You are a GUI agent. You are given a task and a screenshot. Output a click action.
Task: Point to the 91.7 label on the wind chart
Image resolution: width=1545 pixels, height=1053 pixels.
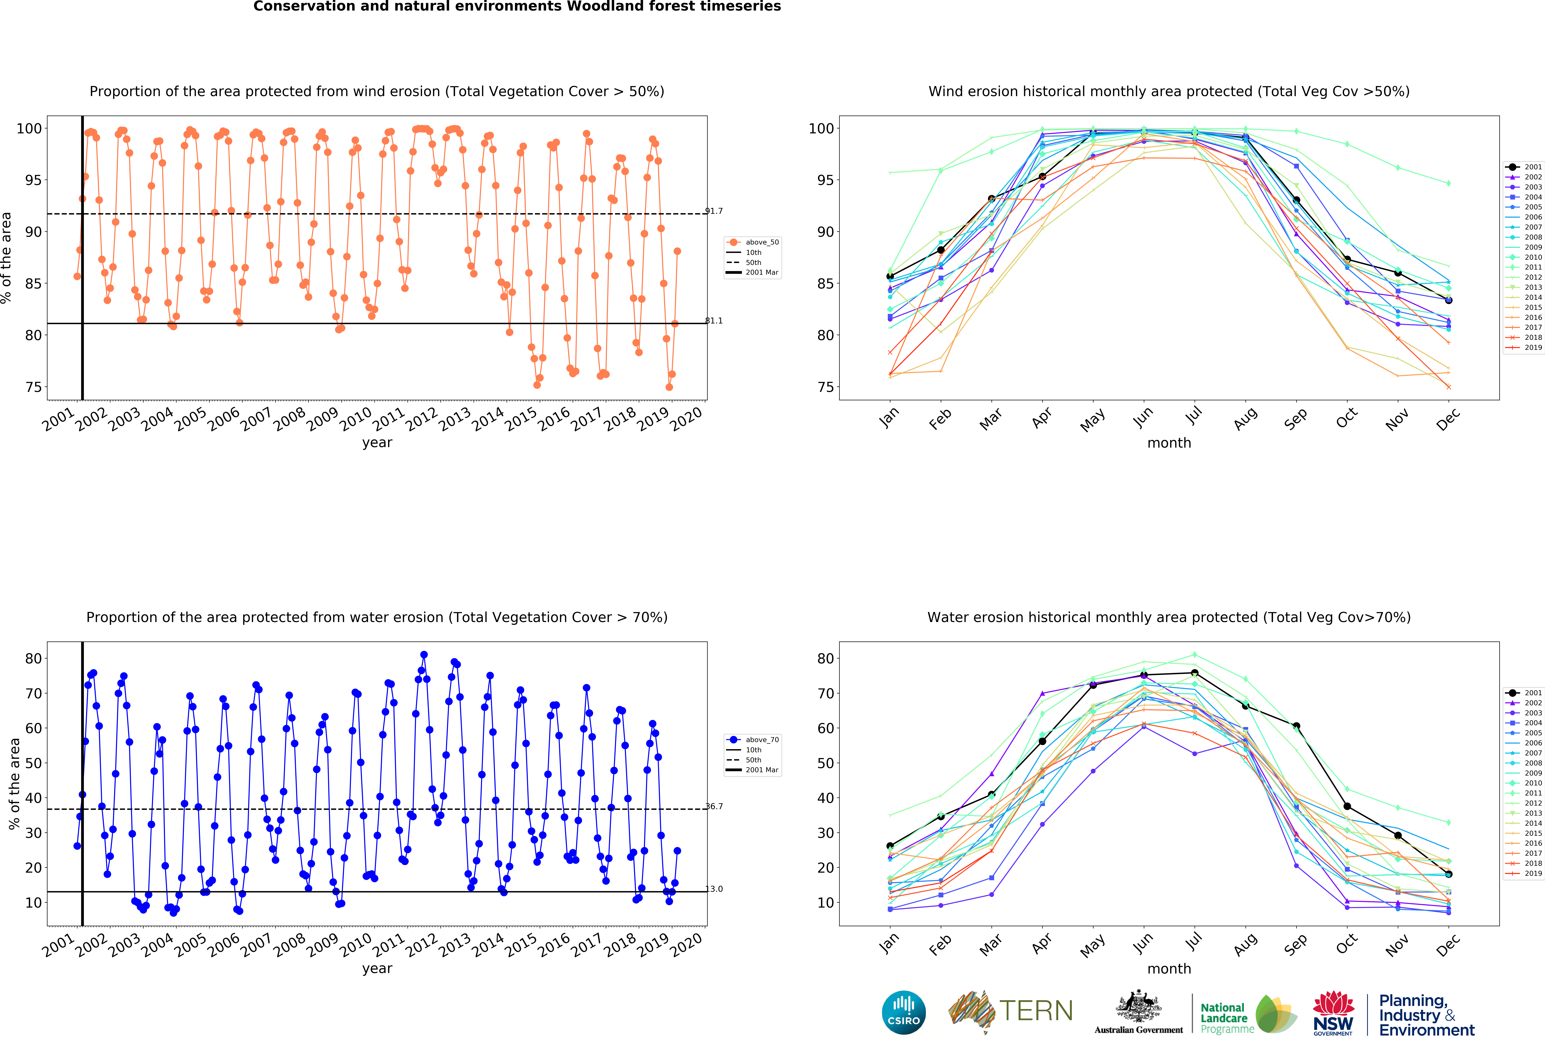(x=714, y=211)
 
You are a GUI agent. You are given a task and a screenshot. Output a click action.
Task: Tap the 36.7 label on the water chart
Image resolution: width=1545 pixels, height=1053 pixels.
(x=714, y=806)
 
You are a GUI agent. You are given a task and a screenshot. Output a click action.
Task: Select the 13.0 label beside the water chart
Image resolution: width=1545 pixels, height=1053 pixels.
(x=714, y=889)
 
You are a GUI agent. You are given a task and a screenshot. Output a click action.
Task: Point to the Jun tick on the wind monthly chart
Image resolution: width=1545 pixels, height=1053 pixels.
(x=1143, y=416)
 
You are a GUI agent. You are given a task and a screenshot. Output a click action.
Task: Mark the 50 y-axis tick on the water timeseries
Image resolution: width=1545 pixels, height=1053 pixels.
(x=34, y=763)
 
